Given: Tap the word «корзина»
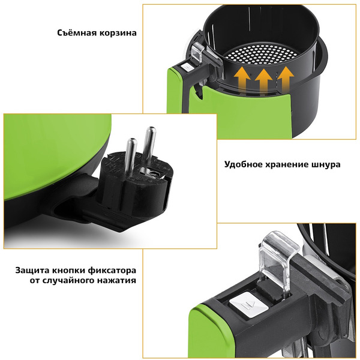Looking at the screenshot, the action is [118, 33].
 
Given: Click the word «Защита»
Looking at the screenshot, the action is [32, 270].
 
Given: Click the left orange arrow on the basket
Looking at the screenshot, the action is [242, 80].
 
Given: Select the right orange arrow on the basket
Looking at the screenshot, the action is [286, 79].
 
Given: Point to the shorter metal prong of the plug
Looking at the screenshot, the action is [130, 154].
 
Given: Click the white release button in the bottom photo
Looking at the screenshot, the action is [248, 305].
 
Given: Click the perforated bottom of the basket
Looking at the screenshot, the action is [259, 54].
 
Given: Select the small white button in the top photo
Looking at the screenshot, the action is [187, 67].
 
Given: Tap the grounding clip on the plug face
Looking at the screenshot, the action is [151, 172].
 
